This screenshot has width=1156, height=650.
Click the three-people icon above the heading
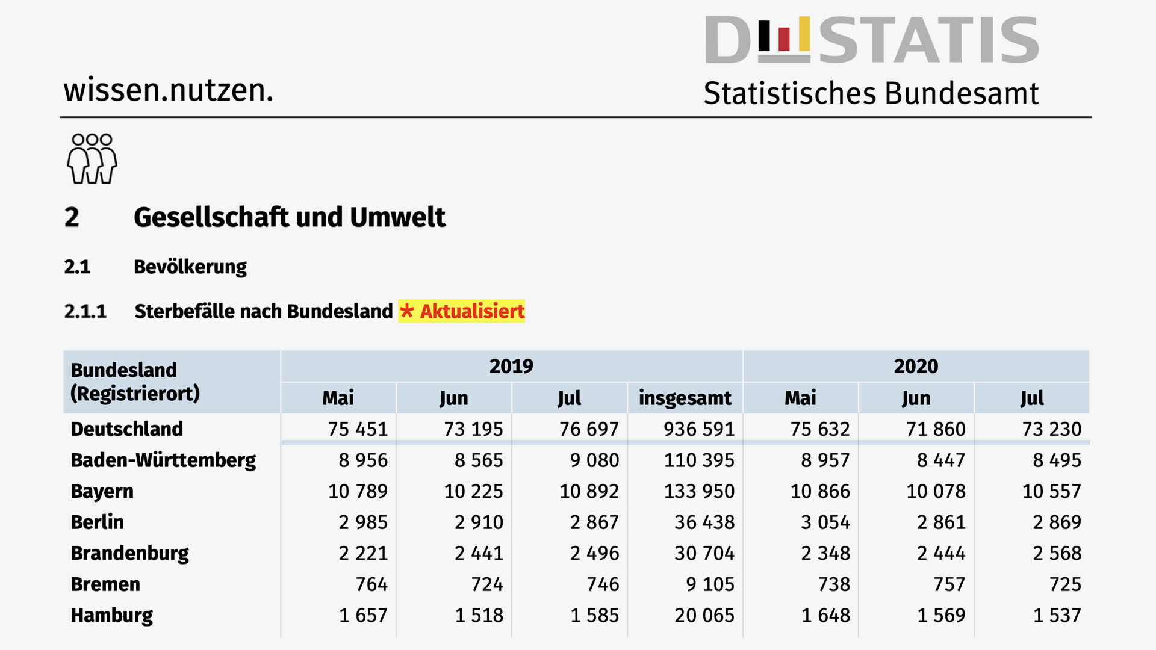[x=92, y=159]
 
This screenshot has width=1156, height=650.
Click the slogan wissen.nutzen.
[x=169, y=90]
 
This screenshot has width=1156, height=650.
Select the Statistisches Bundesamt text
[x=871, y=94]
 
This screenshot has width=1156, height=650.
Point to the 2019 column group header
[x=511, y=366]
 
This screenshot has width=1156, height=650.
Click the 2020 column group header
[x=916, y=366]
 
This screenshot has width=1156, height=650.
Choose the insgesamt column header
[x=685, y=398]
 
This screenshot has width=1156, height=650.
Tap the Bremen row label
[x=105, y=584]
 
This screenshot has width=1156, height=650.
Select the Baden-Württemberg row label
[x=163, y=460]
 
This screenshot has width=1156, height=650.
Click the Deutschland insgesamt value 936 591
[x=698, y=429]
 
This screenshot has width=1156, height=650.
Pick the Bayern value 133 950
[x=698, y=491]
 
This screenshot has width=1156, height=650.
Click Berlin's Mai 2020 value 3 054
[x=825, y=522]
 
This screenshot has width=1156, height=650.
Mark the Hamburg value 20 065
[x=704, y=616]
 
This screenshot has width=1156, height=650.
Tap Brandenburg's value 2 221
[x=363, y=553]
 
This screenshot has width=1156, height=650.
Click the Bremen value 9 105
[x=710, y=584]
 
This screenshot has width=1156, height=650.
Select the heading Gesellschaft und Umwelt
[x=289, y=217]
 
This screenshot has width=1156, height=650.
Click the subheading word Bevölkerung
[x=190, y=267]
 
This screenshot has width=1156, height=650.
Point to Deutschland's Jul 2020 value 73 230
[x=1051, y=429]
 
